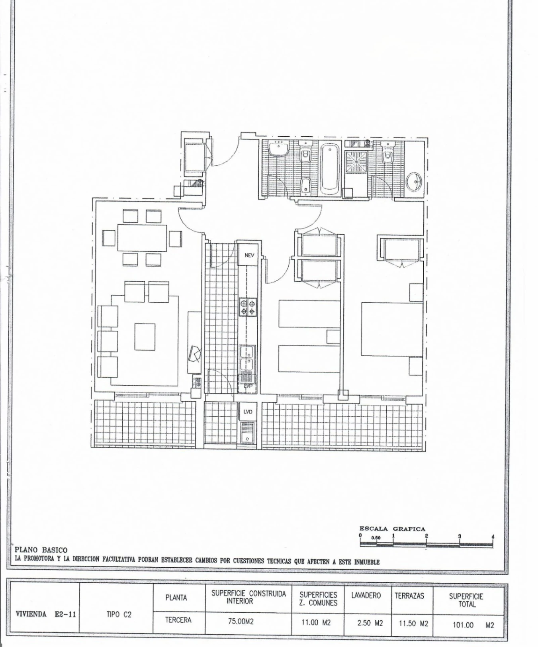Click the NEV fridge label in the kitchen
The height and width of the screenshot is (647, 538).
[x=249, y=255]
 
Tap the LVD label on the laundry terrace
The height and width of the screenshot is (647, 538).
[x=247, y=412]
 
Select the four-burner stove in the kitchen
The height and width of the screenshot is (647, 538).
[x=247, y=307]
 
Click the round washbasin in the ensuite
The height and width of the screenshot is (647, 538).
[x=414, y=182]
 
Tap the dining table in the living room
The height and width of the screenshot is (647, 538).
[x=142, y=238]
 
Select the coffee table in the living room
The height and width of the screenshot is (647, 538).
[x=145, y=336]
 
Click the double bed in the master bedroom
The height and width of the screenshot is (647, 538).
[x=392, y=329]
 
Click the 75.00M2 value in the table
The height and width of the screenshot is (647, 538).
[x=241, y=621]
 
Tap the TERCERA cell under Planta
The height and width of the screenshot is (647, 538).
[x=178, y=620]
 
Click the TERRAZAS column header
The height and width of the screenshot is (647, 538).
[x=409, y=596]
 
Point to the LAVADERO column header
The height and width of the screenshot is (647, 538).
[x=366, y=596]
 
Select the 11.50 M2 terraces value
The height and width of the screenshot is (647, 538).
[x=413, y=623]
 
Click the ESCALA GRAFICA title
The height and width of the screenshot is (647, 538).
[x=392, y=529]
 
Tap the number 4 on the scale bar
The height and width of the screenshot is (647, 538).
[x=493, y=537]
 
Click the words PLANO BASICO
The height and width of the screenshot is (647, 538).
[x=41, y=551]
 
